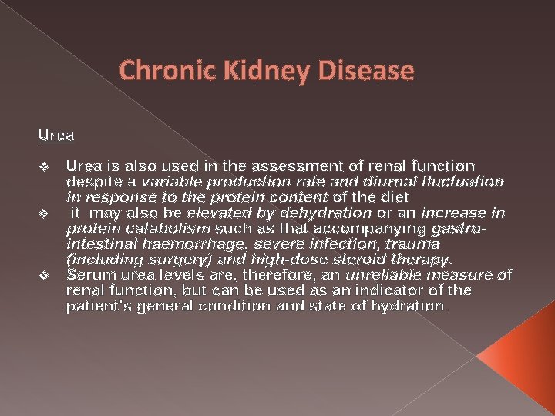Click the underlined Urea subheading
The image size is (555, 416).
tap(56, 136)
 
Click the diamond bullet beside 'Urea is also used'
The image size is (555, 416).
tap(44, 166)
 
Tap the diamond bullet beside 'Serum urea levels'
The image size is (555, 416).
tap(44, 275)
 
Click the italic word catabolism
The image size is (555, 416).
tap(174, 229)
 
